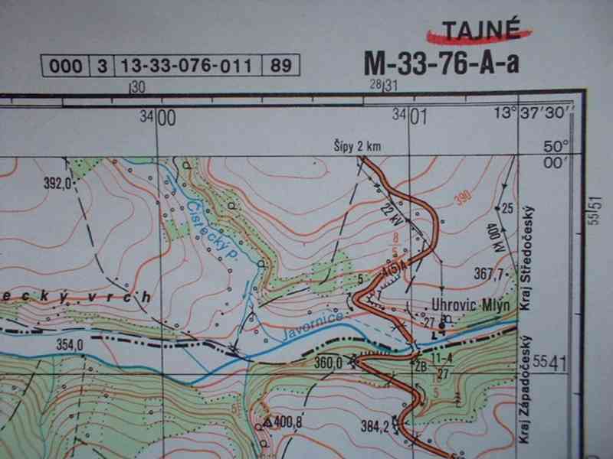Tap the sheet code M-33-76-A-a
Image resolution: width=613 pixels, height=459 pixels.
[441, 63]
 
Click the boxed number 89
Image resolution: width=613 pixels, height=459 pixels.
[280, 65]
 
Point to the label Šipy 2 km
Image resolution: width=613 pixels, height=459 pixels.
[356, 147]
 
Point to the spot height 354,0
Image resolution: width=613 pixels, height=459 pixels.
[69, 344]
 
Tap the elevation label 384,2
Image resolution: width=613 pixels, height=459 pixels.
[385, 422]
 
